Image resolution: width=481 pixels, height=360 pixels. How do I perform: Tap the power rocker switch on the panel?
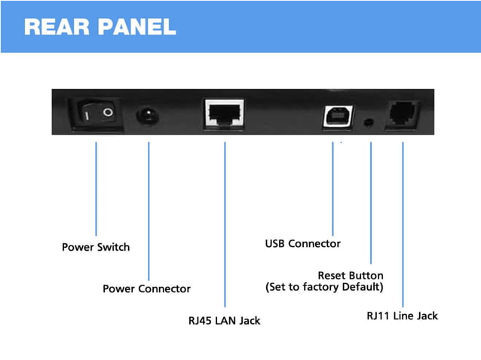(96, 113)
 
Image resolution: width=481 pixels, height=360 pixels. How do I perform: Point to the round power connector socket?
(148, 115)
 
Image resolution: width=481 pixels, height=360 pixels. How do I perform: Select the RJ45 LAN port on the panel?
(224, 114)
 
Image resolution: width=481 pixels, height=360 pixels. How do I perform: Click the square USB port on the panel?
(332, 116)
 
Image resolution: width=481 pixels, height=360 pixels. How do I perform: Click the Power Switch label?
(96, 247)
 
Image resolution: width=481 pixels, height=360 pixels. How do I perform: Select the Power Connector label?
(147, 288)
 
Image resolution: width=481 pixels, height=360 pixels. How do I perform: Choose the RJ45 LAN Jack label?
(224, 321)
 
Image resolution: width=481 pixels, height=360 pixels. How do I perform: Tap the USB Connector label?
(303, 244)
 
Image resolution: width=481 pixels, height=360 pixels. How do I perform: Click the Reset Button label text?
(351, 276)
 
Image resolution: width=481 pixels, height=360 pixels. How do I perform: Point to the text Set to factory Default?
(325, 288)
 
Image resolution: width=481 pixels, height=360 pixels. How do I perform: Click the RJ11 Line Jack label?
(402, 316)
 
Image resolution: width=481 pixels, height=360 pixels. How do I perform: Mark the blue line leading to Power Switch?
(96, 188)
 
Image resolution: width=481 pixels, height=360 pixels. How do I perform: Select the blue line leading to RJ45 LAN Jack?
(225, 226)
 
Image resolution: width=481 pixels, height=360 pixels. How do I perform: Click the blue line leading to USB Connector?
(332, 188)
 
